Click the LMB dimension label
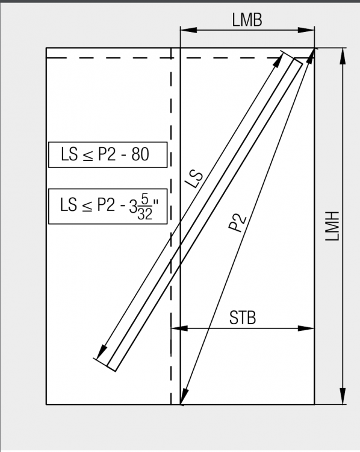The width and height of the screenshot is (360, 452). (247, 20)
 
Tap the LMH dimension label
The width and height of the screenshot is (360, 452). (332, 226)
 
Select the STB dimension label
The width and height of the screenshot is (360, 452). (243, 318)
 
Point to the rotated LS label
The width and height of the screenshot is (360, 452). (194, 180)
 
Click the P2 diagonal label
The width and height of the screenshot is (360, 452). (238, 222)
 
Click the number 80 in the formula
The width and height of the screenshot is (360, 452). (140, 154)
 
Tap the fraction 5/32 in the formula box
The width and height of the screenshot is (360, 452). (144, 207)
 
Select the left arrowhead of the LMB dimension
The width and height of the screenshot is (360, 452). (188, 30)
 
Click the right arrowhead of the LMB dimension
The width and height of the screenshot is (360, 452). (306, 30)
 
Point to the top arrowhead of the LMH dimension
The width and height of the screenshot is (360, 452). (343, 57)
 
